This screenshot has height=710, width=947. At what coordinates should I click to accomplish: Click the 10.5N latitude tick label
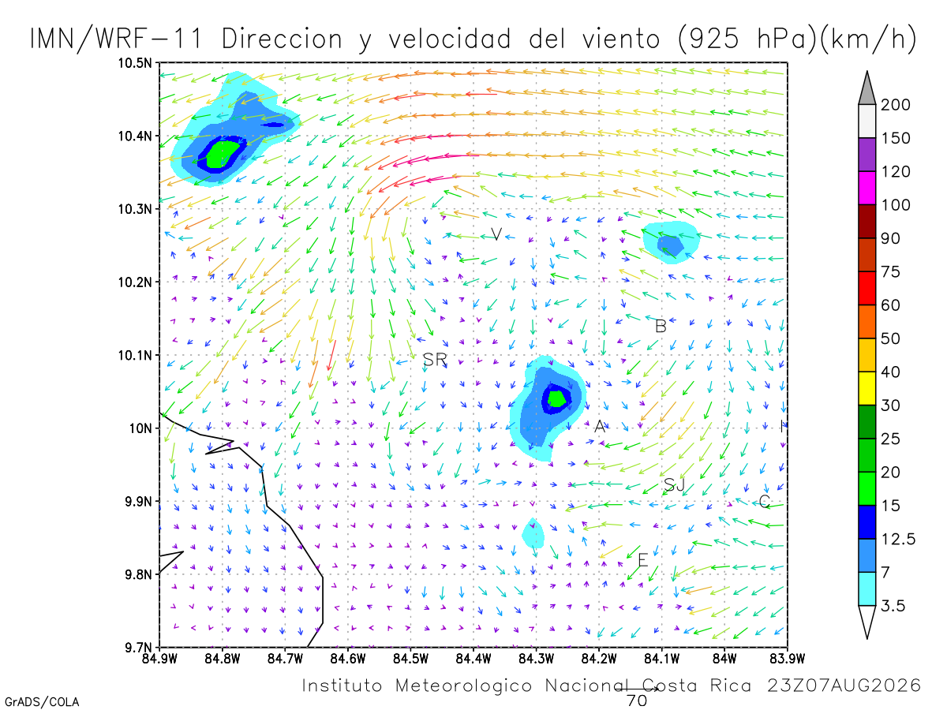pos(135,63)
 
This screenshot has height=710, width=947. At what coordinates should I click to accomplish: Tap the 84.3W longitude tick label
pos(537,660)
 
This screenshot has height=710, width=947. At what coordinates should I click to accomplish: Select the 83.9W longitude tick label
pos(788,660)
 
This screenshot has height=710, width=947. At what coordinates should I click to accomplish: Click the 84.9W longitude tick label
pos(159,660)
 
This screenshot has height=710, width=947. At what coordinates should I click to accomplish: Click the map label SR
pos(435,360)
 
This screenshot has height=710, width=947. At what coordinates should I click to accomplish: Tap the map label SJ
pos(674,485)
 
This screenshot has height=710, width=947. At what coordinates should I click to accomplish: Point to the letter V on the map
pos(496,234)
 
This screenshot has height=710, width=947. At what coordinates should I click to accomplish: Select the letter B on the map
pos(661,327)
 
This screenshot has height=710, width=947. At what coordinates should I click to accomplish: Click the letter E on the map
pos(643,560)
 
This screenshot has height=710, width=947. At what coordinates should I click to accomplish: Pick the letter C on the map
pos(764,502)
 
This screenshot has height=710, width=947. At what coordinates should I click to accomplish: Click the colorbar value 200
pos(895,105)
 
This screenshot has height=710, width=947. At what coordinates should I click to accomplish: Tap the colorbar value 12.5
pos(898,539)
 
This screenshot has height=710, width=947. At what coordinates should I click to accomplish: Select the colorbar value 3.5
pos(893,606)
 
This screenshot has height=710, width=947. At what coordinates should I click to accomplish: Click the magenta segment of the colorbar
pos(867,188)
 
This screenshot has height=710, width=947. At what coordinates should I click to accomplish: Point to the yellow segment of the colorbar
pos(867,388)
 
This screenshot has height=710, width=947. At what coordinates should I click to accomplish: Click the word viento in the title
pos(621,39)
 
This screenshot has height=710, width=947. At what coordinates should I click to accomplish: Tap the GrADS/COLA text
pos(42,702)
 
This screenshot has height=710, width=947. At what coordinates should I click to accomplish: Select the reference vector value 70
pos(637,701)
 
